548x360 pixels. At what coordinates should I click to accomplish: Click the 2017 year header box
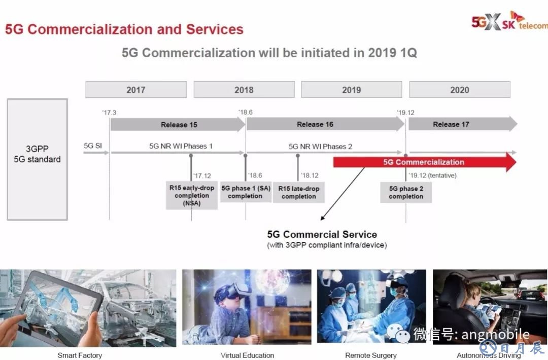pos(136,89)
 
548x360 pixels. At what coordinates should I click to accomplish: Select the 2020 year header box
pos(460,89)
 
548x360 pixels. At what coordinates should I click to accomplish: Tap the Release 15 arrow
pos(178,124)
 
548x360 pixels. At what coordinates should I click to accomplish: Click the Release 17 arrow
pos(463,124)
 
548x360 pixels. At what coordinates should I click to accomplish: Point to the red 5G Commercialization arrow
pos(425,162)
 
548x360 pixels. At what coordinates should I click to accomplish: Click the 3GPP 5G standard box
pos(38,159)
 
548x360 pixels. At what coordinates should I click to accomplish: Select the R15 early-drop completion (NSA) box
pos(191,195)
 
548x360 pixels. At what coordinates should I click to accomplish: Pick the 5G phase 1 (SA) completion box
pos(246,192)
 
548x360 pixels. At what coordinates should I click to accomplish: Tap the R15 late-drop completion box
pos(299,192)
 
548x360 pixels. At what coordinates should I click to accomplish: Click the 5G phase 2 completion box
pos(406,192)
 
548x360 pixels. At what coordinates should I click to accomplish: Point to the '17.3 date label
pos(109,113)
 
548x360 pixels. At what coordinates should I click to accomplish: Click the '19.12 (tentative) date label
pos(432,175)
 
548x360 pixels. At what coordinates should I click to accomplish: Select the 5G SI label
pos(93,146)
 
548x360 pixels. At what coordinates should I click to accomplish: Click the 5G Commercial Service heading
pos(322,234)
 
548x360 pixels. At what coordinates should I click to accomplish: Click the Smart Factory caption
pos(80,355)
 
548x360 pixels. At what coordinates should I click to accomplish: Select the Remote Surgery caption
pos(371,355)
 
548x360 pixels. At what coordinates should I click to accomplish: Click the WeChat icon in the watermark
pos(398,333)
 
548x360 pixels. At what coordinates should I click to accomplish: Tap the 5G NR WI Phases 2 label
pos(320,147)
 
